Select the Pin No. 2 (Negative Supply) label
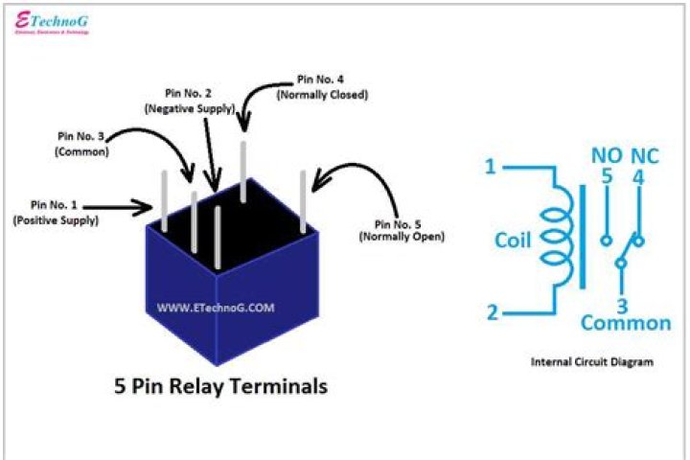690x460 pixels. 188,102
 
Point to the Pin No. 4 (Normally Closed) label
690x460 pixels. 321,87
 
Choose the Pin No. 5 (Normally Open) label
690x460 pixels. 402,229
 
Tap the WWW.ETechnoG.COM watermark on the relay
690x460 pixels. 216,309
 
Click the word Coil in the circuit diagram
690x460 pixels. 513,240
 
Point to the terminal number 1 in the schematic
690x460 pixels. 491,167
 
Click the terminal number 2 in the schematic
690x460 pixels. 491,312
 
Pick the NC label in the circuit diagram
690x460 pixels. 639,155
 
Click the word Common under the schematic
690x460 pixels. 626,323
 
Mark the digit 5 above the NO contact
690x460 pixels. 606,176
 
